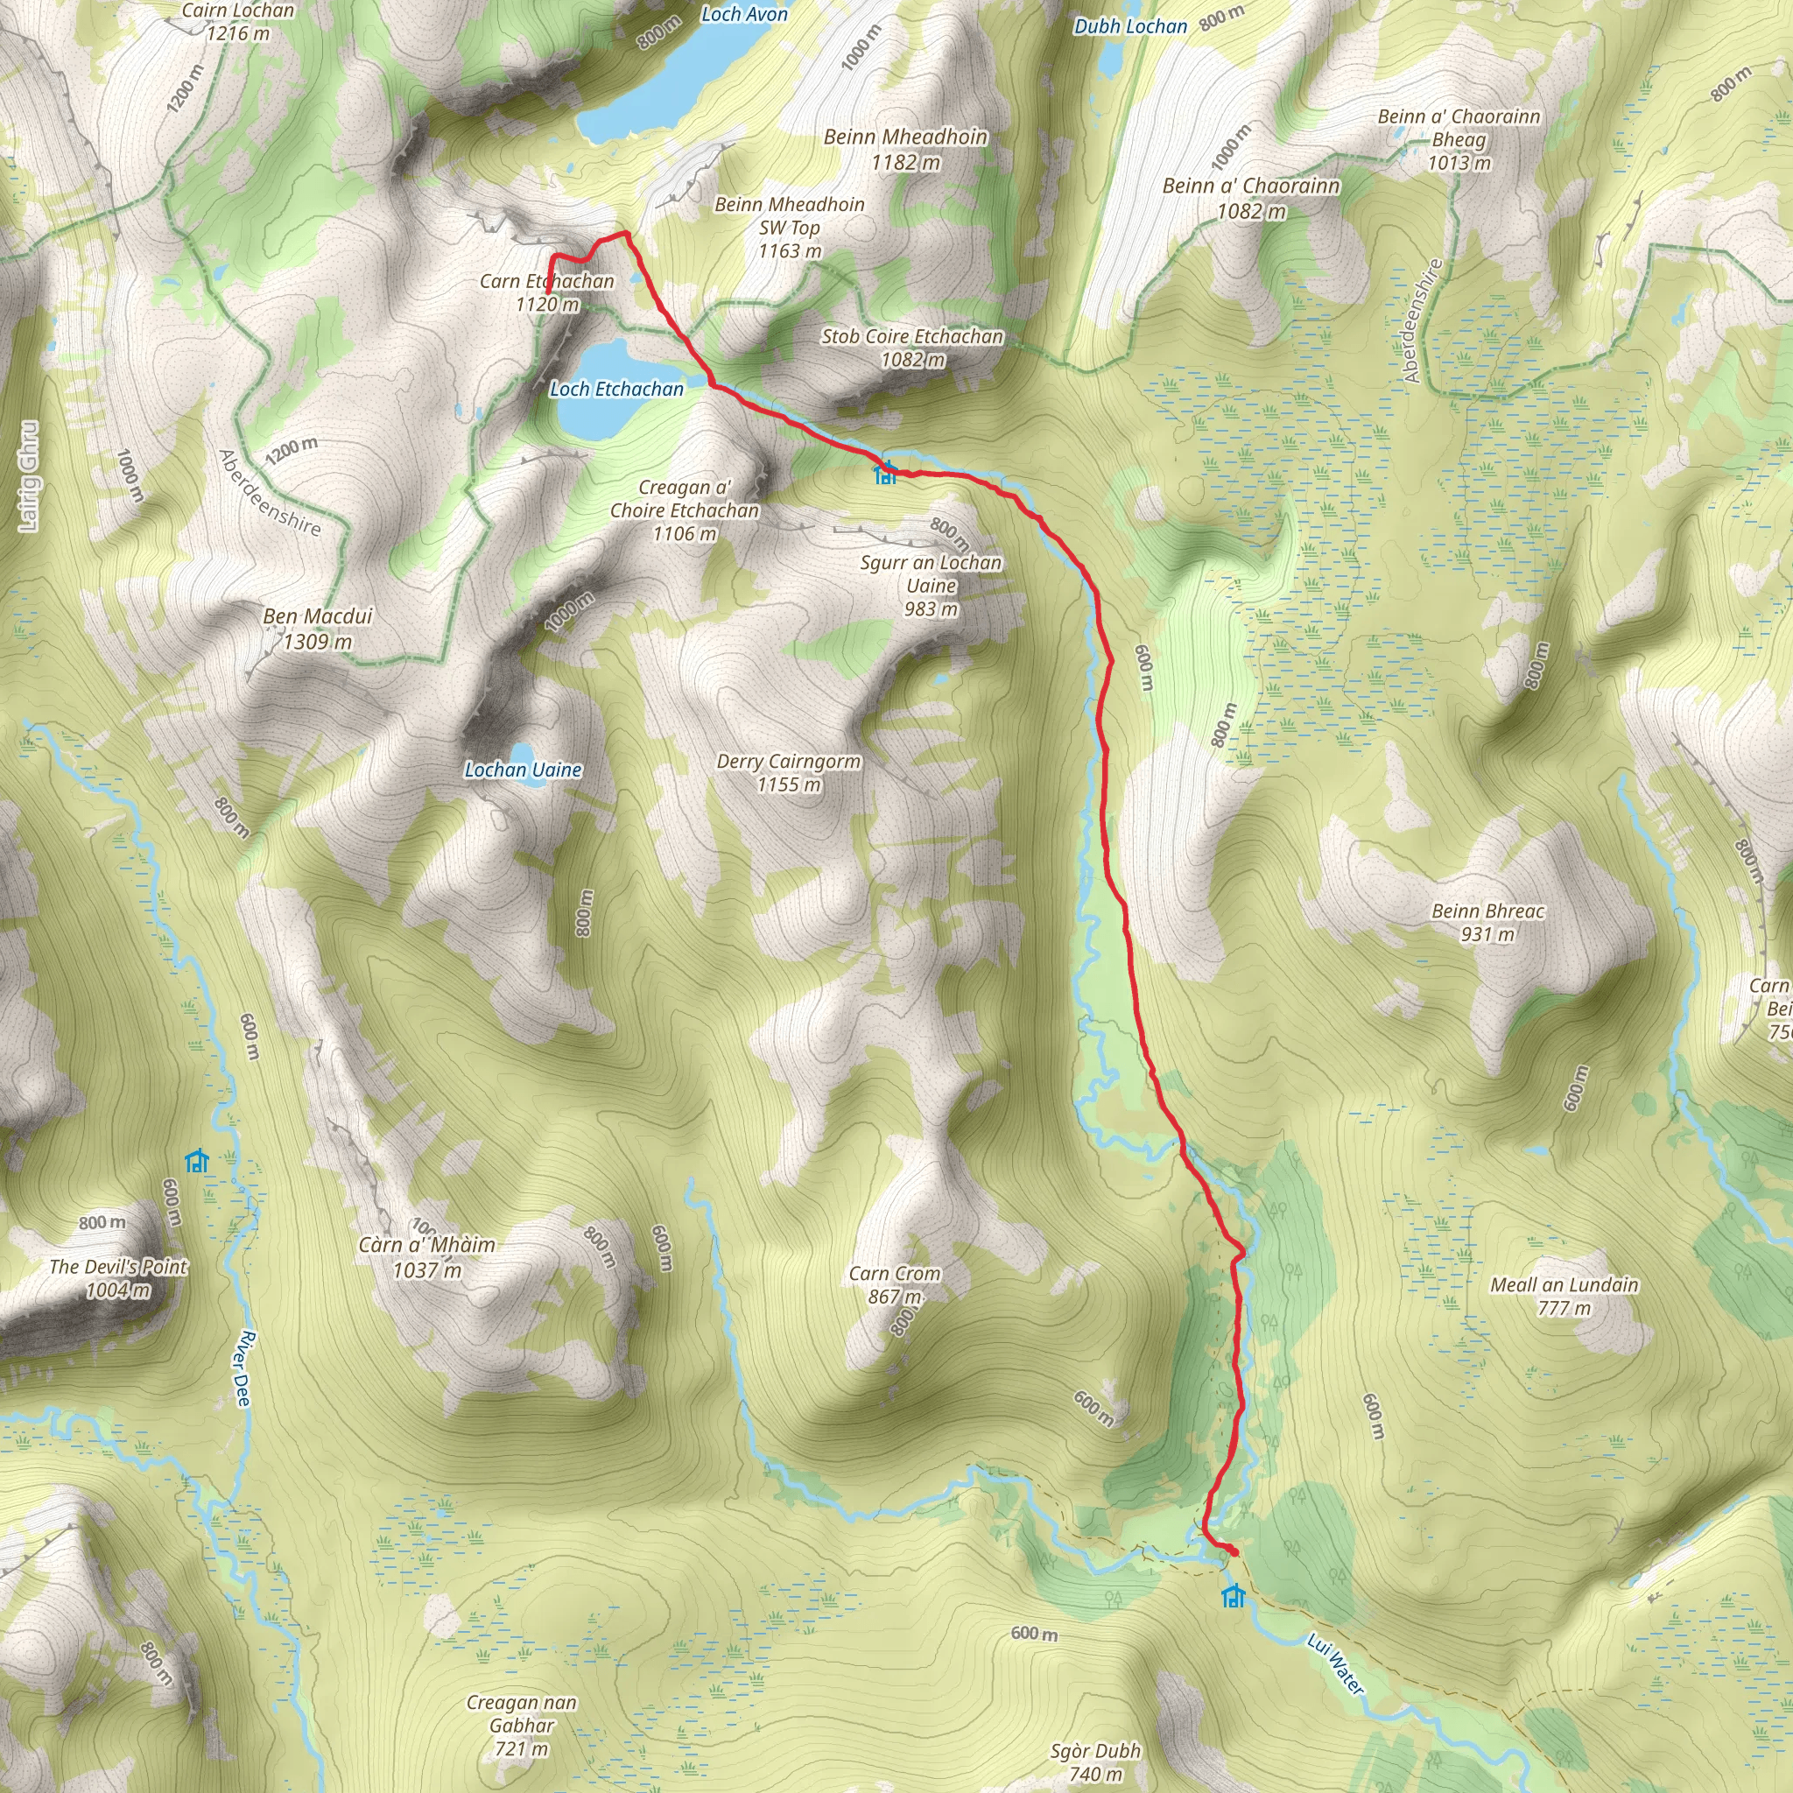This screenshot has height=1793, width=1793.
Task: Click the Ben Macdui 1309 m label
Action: coord(318,629)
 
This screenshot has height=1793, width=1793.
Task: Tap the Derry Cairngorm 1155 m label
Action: coord(789,772)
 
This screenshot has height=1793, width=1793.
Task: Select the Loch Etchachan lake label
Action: coord(616,389)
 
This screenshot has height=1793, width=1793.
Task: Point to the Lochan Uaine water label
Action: coord(524,770)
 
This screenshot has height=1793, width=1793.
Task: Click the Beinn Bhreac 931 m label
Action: coord(1487,922)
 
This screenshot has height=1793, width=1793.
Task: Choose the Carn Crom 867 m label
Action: coord(895,1284)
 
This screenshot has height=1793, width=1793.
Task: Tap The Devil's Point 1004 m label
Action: coord(118,1278)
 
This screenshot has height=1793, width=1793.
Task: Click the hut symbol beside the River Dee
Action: coord(197,1161)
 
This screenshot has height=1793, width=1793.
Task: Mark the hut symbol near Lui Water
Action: coord(1233,1596)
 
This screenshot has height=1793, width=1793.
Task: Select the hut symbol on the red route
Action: coord(885,475)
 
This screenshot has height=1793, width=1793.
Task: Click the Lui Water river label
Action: coord(1335,1664)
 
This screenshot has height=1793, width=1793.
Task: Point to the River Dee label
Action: coord(243,1369)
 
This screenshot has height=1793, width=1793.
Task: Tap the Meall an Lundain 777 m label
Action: coord(1564,1296)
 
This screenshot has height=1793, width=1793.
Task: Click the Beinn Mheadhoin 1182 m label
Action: coord(906,149)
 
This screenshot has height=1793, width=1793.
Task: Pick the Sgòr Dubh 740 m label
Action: coord(1095,1761)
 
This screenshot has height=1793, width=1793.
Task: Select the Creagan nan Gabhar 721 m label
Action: coord(522,1726)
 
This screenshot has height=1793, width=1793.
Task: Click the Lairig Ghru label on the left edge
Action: coord(29,476)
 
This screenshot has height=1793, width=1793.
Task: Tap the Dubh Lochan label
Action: coord(1130,27)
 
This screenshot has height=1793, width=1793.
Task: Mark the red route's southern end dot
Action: coord(1234,1551)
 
